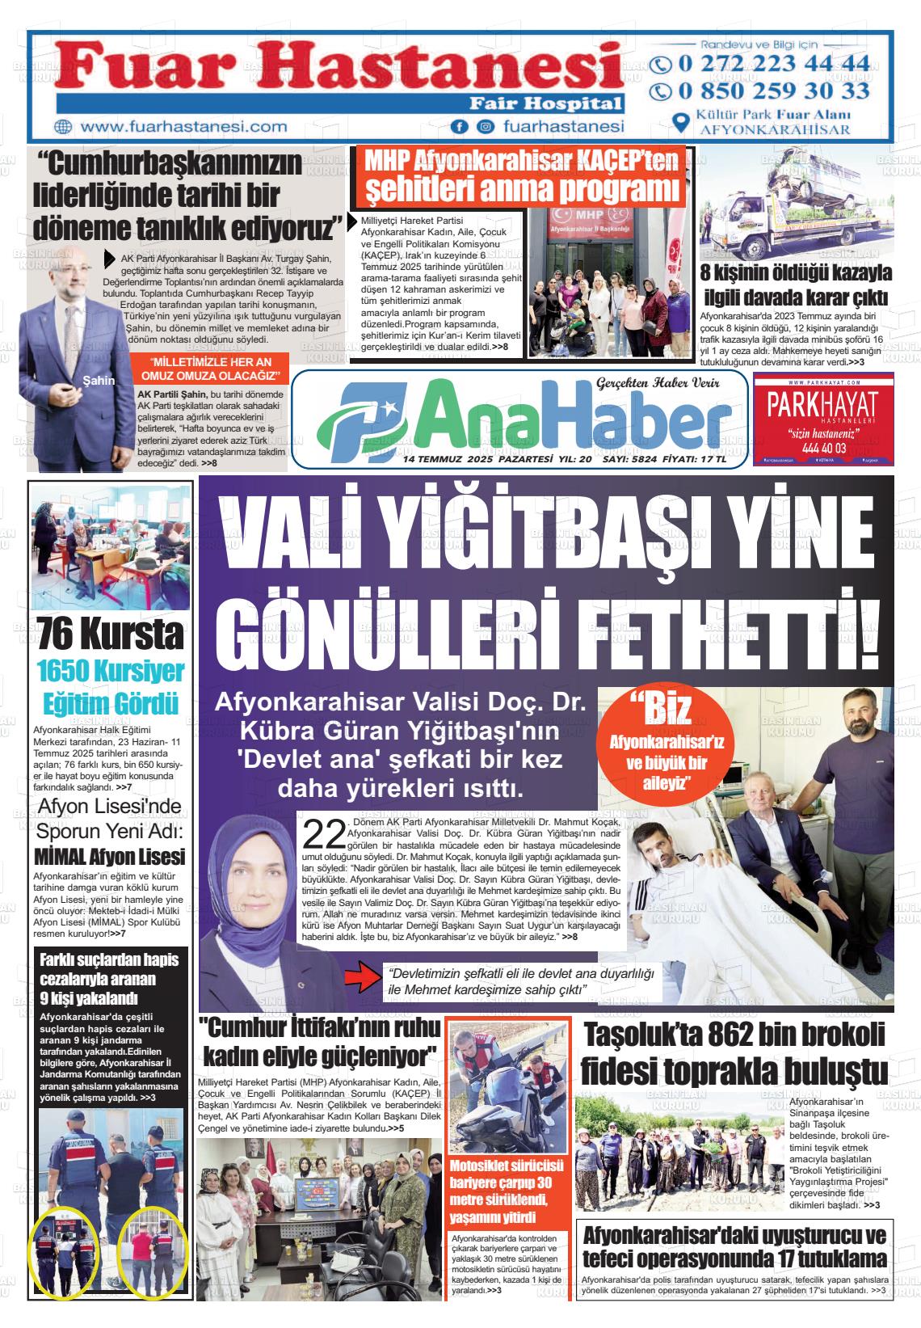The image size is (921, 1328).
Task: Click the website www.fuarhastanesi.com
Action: (183, 127)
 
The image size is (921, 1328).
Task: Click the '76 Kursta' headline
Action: (111, 635)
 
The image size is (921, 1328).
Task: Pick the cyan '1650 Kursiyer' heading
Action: (111, 671)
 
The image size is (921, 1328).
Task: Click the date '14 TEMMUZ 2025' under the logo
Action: (448, 459)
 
